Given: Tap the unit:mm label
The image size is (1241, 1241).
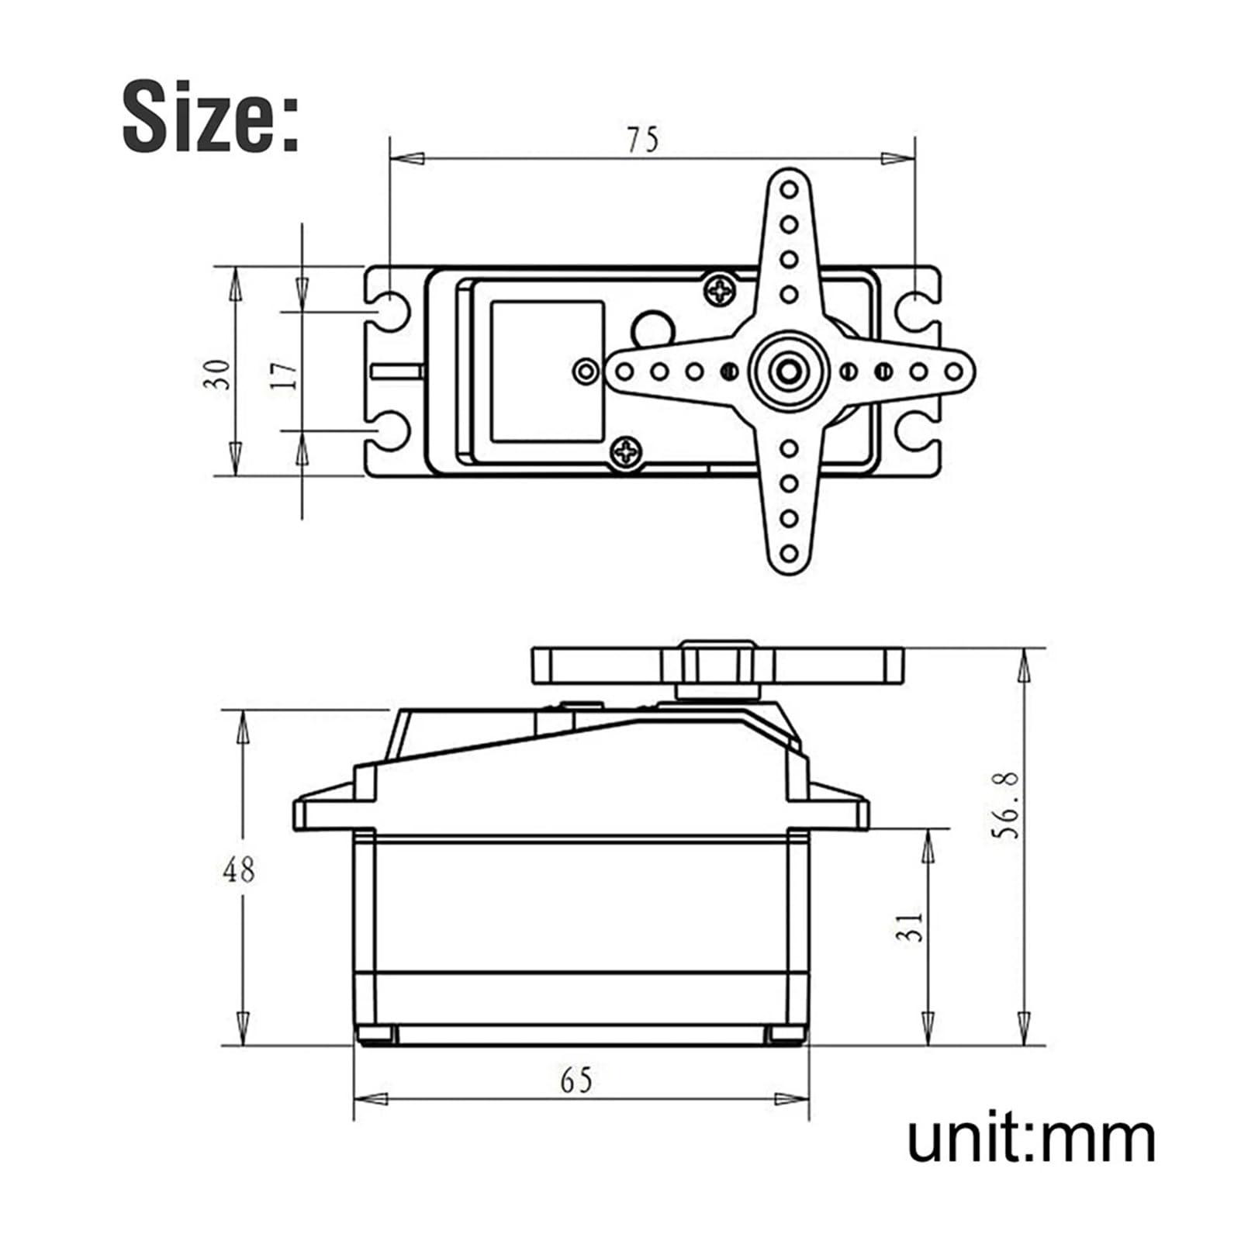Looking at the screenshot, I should coord(1031,1139).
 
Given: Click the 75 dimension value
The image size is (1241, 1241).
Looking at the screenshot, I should coord(643,140).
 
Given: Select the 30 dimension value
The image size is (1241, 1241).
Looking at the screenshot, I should coord(220,374).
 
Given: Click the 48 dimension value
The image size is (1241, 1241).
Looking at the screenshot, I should coord(238,870).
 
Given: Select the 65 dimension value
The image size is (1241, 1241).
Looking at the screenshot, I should coord(576,1080).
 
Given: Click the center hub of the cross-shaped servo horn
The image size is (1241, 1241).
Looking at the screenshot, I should coord(789,371).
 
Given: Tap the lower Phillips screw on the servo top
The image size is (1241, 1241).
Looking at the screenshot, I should coord(626,451).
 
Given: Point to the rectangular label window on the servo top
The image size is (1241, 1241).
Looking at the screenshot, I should coord(547,371).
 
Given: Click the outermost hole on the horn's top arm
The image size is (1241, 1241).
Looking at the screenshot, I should coord(789,190).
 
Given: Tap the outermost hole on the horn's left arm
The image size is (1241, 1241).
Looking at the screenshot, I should coord(624,372).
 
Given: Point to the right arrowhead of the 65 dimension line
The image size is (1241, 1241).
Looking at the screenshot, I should coord(792,1098).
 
